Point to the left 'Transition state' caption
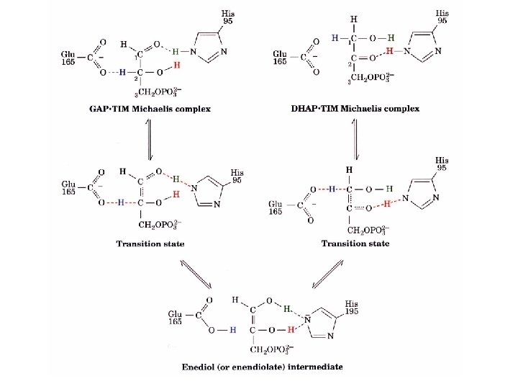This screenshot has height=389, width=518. coord(150,243)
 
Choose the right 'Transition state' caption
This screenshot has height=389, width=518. coord(355,243)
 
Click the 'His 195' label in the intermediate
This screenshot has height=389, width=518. coord(351,308)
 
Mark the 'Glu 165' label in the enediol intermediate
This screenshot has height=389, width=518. coord(175,318)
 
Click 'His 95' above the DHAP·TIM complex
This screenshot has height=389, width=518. coord(442,17)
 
